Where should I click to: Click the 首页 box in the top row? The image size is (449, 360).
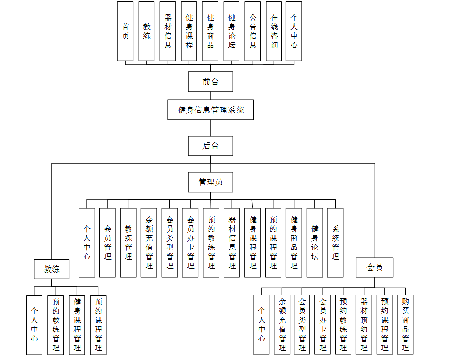coord(125,31)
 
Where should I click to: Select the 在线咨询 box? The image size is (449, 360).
coord(274,31)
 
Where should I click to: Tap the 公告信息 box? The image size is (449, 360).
coord(253,31)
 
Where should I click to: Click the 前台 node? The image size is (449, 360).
coord(210,82)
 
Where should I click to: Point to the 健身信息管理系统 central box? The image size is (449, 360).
coord(210,110)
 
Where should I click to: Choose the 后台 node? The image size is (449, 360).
coord(210,146)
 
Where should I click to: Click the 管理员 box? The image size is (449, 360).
coord(210,182)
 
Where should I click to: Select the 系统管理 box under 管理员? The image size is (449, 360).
coord(335,243)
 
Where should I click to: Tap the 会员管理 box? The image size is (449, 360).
coord(108,243)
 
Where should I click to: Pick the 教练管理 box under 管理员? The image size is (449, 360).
coord(128,243)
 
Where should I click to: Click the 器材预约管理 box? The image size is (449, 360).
coord(364,325)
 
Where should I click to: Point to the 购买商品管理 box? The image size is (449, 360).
coord(406,325)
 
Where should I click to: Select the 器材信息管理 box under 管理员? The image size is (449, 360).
coord(232,243)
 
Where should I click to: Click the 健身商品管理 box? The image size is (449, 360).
coord(294,243)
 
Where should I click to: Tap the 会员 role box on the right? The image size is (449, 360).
coord(375,268)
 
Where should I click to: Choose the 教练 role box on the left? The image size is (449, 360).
coord(52,269)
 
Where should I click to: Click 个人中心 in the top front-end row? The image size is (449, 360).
coord(294,31)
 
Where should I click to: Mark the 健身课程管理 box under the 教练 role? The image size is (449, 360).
coord(77,325)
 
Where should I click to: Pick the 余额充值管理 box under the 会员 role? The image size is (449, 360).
coord(282,325)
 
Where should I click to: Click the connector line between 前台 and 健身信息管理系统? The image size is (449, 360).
coord(210,96)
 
